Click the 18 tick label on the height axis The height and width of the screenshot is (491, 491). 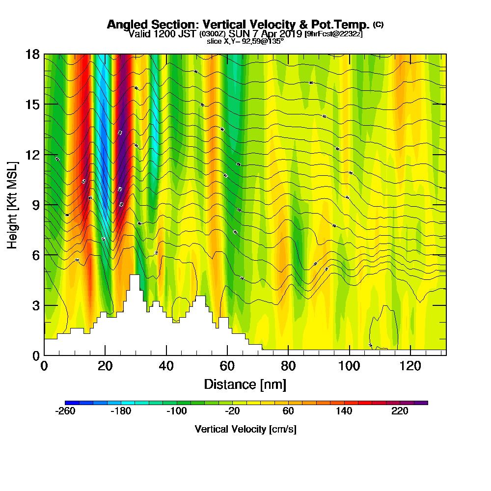pyautogui.click(x=33, y=54)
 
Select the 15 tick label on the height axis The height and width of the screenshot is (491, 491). pyautogui.click(x=33, y=104)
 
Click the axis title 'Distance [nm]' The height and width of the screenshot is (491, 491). pyautogui.click(x=245, y=383)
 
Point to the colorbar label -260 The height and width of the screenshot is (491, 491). pyautogui.click(x=65, y=411)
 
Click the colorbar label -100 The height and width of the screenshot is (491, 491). pyautogui.click(x=177, y=411)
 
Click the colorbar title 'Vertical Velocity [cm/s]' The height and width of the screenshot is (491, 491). pyautogui.click(x=245, y=429)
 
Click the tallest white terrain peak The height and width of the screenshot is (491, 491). pyautogui.click(x=134, y=278)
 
